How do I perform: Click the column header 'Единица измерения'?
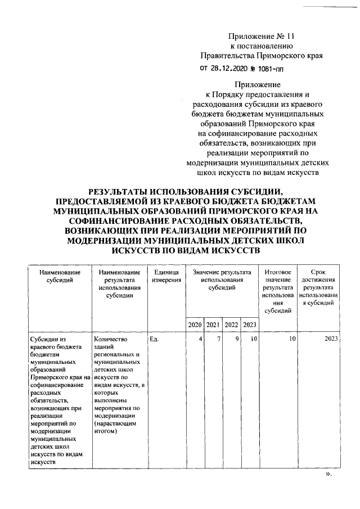(166, 276)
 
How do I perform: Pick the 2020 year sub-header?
(195, 325)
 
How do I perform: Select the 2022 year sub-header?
(231, 325)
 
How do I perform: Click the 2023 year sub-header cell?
(250, 325)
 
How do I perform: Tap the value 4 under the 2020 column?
(200, 339)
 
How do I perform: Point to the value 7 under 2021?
(218, 339)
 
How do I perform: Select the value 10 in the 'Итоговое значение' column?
(291, 339)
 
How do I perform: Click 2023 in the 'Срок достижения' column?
(332, 339)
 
